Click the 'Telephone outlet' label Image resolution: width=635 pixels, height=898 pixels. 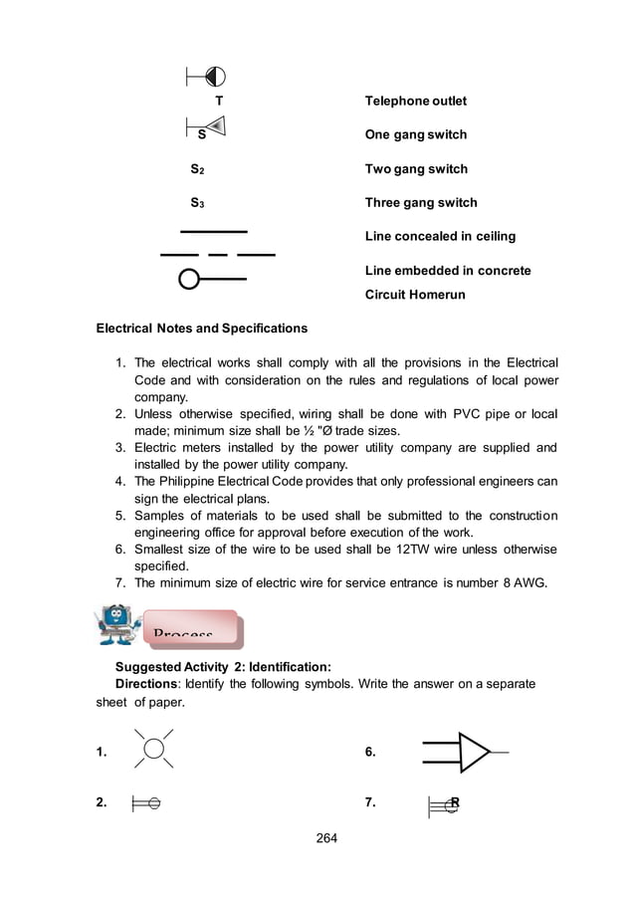(415, 102)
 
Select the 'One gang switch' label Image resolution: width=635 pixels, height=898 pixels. (415, 135)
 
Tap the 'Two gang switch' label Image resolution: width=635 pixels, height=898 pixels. (416, 169)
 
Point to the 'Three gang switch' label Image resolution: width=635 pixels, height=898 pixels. (421, 203)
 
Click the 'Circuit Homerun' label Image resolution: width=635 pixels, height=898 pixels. (415, 295)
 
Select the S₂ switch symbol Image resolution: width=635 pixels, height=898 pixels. (197, 170)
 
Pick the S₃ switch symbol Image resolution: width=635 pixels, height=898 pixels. (197, 204)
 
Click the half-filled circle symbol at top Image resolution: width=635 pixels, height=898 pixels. (214, 76)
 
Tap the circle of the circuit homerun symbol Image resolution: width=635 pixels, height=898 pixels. (189, 280)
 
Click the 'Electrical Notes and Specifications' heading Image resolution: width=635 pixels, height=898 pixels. (201, 329)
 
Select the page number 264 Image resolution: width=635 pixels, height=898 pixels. (326, 837)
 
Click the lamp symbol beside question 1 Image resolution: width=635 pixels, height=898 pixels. (153, 750)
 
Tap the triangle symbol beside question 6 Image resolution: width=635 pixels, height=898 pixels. (474, 753)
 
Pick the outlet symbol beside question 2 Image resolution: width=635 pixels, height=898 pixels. (146, 803)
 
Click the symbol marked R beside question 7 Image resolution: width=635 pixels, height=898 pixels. (445, 804)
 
